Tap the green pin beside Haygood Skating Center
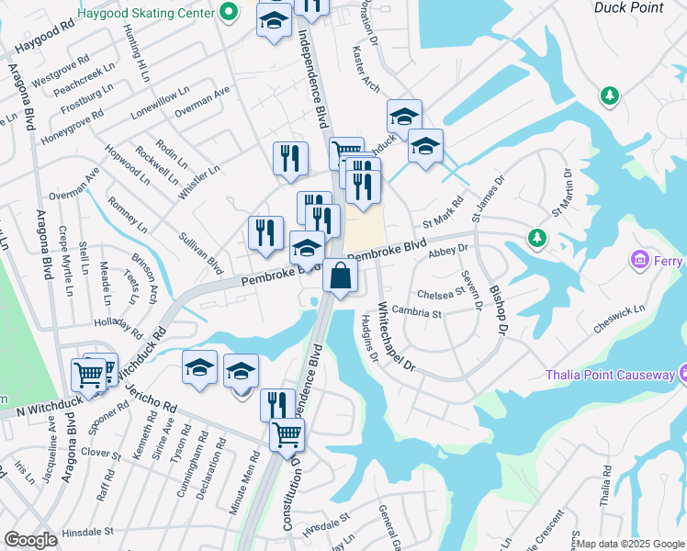coord(231,14)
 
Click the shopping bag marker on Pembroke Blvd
coord(340,275)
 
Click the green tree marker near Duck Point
coord(608,95)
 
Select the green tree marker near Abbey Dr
coord(536,239)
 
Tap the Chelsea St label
coord(441,293)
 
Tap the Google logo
coord(31,540)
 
